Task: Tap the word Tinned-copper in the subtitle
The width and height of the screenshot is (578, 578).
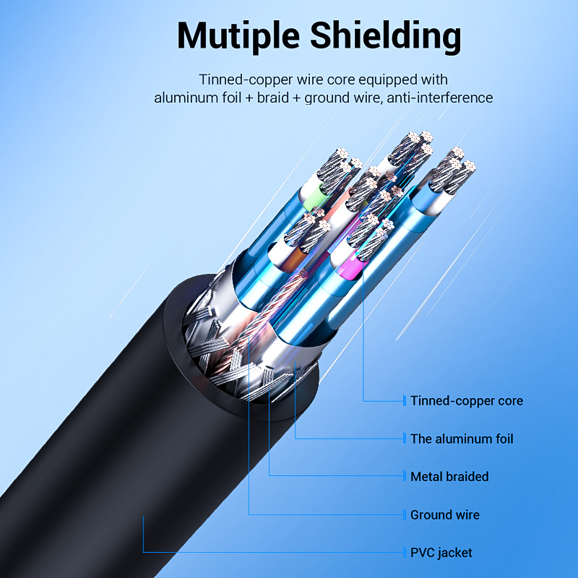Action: click(240, 79)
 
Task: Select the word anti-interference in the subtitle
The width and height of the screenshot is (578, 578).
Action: click(439, 98)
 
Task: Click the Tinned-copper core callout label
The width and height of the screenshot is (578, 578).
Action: click(466, 400)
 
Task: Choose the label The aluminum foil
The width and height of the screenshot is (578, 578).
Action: click(462, 439)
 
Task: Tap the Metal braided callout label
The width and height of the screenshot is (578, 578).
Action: click(449, 477)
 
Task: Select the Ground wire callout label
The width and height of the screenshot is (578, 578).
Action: click(444, 515)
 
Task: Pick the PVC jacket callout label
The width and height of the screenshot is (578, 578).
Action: click(441, 553)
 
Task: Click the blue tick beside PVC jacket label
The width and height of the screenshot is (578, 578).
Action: click(404, 553)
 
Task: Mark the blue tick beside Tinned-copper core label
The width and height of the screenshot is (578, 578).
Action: click(404, 400)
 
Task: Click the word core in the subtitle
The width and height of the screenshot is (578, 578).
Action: click(345, 79)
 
